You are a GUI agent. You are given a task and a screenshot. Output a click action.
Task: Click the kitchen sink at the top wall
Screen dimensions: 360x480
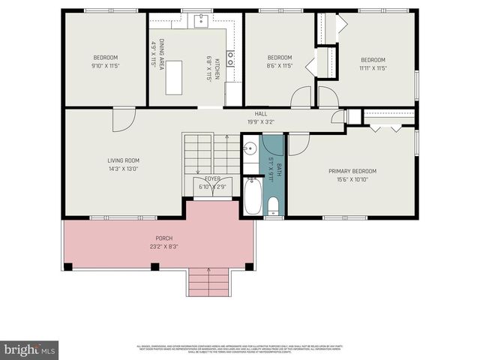(x=202, y=21)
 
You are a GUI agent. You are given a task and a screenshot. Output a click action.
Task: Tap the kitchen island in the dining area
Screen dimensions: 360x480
(x=175, y=77)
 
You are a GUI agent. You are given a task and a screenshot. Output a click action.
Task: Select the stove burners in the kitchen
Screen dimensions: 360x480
(x=230, y=58)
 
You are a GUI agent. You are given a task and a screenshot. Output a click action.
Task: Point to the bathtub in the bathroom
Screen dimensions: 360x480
(x=252, y=196)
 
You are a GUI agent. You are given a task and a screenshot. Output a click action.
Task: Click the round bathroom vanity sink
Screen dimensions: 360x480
(x=250, y=148)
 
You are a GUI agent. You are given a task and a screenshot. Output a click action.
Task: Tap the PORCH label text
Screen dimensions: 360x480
(x=163, y=238)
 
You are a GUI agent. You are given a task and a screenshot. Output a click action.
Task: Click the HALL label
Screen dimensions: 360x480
(x=261, y=114)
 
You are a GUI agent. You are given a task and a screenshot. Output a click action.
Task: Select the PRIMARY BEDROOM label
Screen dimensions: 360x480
(x=352, y=171)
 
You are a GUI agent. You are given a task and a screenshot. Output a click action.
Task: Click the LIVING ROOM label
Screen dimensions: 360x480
(x=124, y=160)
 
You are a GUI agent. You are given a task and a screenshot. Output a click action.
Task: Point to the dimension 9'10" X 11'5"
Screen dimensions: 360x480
(x=106, y=66)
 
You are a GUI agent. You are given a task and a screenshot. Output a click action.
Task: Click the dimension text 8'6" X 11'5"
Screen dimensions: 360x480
(x=279, y=66)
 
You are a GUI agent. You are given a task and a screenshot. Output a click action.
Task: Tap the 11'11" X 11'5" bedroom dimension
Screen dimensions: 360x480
(x=372, y=68)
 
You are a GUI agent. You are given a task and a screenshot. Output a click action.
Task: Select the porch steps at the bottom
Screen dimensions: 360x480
(x=208, y=283)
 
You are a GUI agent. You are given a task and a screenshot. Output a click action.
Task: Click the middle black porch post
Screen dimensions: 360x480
(x=155, y=266)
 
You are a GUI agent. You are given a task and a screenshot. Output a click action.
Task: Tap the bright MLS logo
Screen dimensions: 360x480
(x=29, y=349)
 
